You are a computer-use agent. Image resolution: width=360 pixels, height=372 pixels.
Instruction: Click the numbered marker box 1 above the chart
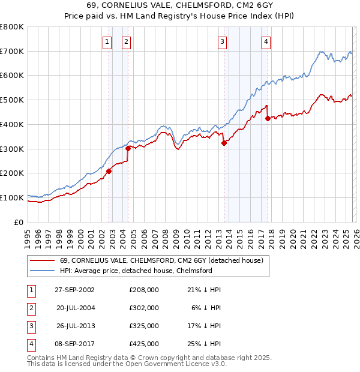[107, 41]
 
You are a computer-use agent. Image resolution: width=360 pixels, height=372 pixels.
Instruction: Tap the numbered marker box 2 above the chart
[127, 41]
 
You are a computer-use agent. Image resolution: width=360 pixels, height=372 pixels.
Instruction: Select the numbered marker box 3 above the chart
[222, 41]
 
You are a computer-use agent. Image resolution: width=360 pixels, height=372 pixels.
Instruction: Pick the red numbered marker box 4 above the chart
[266, 41]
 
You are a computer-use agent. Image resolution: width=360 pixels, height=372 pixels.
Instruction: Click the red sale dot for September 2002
[109, 171]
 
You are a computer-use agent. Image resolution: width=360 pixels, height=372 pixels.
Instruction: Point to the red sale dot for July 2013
[224, 143]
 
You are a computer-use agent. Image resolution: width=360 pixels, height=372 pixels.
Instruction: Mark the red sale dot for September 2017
[268, 118]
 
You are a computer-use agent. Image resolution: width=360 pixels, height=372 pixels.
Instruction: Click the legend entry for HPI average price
[136, 271]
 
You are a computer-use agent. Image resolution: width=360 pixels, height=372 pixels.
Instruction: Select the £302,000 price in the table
[143, 307]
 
